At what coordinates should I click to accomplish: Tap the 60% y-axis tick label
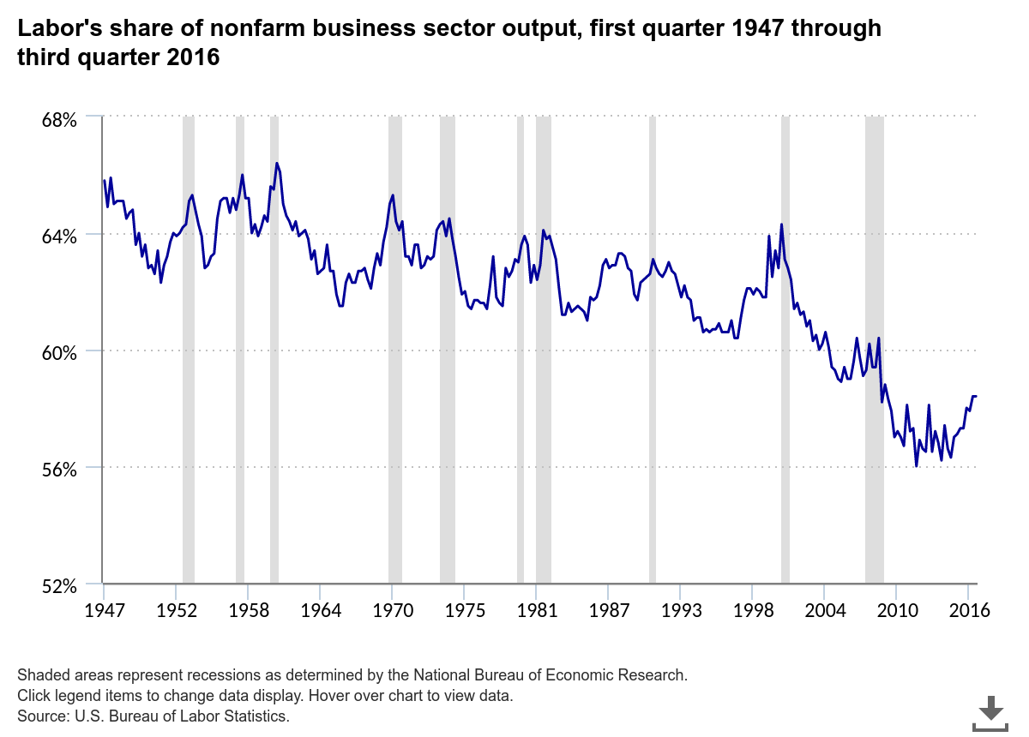[60, 352]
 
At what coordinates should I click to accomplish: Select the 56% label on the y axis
[60, 469]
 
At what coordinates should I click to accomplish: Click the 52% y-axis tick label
[60, 586]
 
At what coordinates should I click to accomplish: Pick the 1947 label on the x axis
[104, 611]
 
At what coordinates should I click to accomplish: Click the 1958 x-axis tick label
[247, 611]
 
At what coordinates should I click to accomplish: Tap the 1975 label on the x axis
[464, 611]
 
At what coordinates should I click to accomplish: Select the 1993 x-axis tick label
[680, 611]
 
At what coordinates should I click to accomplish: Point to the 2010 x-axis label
[896, 611]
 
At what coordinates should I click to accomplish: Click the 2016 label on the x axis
[969, 611]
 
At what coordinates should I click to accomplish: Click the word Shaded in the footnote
[41, 674]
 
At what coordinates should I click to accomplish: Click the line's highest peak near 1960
[277, 163]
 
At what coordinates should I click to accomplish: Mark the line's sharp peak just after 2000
[781, 225]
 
